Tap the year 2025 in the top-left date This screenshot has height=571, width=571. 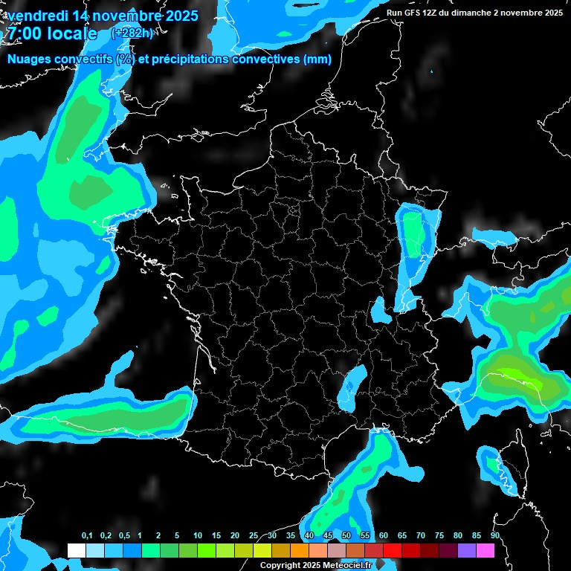click(x=180, y=15)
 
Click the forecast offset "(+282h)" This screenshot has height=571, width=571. click(x=132, y=33)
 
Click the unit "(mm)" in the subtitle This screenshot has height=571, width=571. click(x=317, y=59)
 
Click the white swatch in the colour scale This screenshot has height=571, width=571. click(x=76, y=550)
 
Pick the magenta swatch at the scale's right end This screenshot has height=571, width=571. click(x=485, y=550)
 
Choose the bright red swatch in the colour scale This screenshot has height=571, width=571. click(x=393, y=550)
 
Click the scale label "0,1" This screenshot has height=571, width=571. click(x=87, y=536)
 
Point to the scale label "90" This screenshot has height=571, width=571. click(x=494, y=536)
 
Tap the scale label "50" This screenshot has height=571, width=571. click(x=346, y=536)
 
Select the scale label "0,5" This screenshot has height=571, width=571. click(x=123, y=536)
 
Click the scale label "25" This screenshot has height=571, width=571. click(x=254, y=536)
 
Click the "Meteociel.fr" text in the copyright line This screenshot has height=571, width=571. click(x=347, y=566)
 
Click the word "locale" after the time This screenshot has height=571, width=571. click(x=73, y=33)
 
